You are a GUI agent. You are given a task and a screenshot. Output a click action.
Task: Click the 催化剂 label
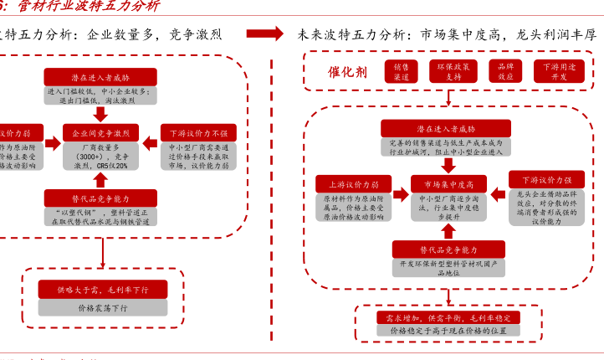tap(348, 71)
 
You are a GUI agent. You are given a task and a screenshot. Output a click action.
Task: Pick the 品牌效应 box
tap(505, 71)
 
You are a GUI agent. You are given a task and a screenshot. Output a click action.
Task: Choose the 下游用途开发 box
tap(559, 71)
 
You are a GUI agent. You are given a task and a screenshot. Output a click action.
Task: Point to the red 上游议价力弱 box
tap(352, 183)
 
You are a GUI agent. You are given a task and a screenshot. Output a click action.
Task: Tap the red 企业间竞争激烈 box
tap(101, 133)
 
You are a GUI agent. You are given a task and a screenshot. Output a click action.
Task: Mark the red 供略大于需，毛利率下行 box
tap(103, 289)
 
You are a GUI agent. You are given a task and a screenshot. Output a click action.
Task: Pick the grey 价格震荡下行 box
tap(103, 307)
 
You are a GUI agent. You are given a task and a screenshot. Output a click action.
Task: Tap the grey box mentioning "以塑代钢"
tap(100, 217)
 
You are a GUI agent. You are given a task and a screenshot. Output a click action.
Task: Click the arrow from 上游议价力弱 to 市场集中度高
tap(400, 184)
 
